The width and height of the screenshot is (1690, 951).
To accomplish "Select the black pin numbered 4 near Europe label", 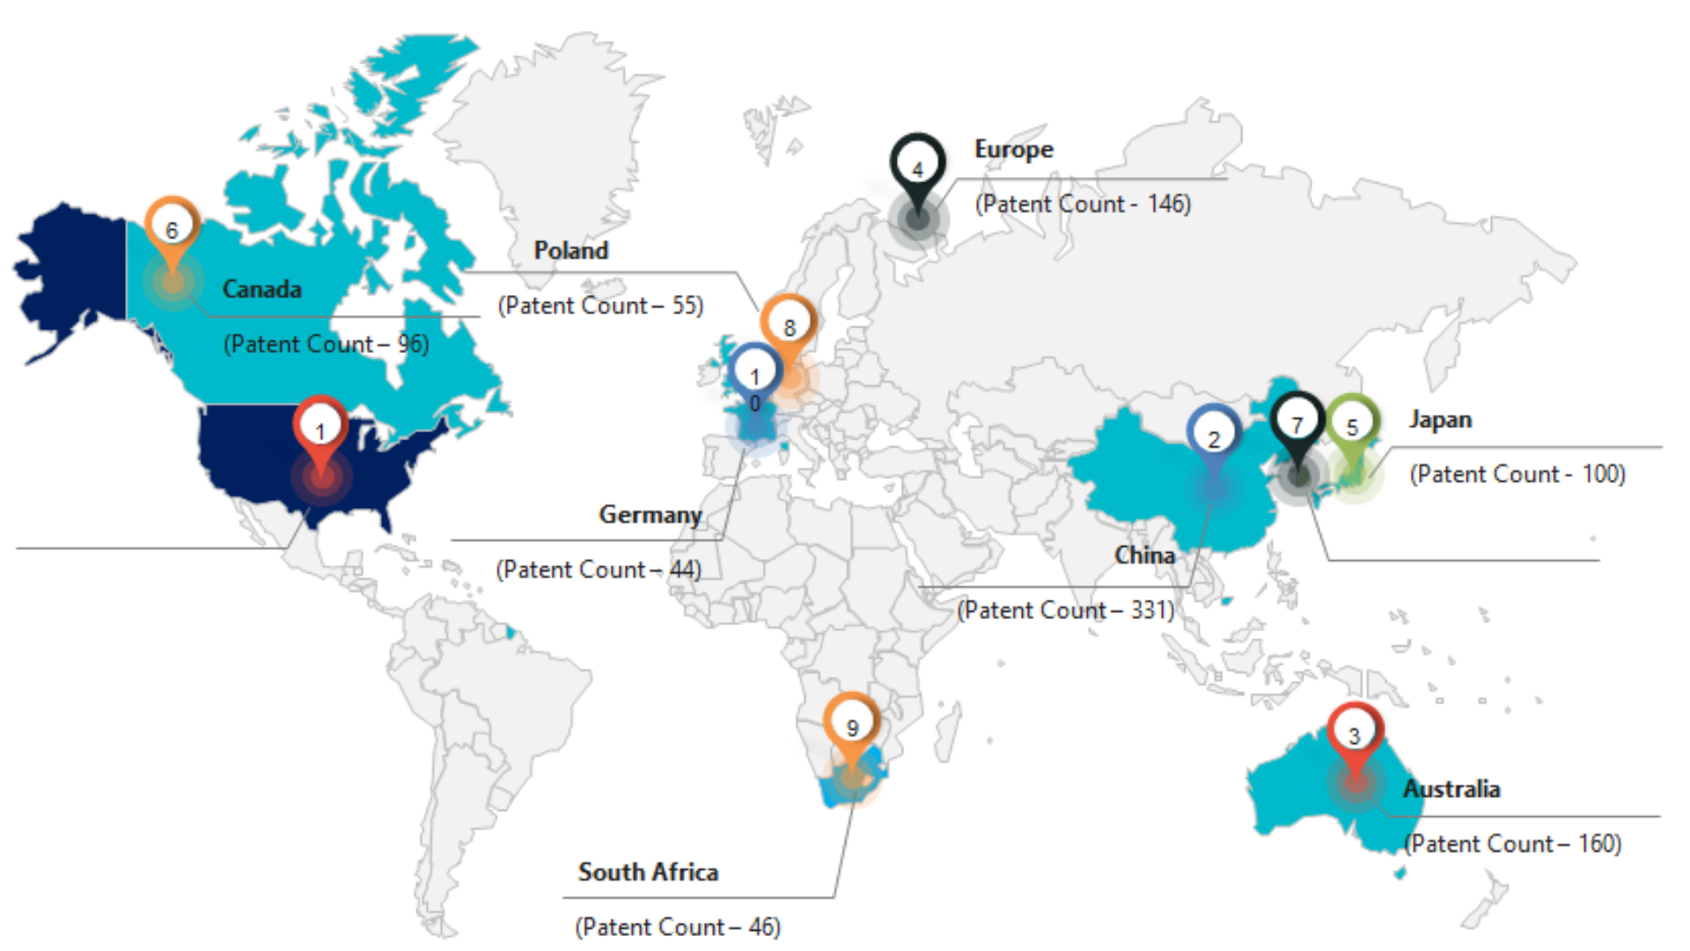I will pyautogui.click(x=917, y=167).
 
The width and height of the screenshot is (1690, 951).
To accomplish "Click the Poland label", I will pyautogui.click(x=571, y=251).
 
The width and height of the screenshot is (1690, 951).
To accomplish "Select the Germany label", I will pyautogui.click(x=650, y=514).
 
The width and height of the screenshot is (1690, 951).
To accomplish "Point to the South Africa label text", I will pyautogui.click(x=648, y=872).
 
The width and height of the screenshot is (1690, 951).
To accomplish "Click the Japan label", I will pyautogui.click(x=1440, y=419).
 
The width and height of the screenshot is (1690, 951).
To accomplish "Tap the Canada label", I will pyautogui.click(x=261, y=289).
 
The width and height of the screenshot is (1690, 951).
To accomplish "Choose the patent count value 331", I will pyautogui.click(x=1150, y=610).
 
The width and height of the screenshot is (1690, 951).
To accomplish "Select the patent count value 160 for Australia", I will pyautogui.click(x=1598, y=844).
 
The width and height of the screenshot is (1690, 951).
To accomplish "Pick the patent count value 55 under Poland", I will pyautogui.click(x=686, y=306).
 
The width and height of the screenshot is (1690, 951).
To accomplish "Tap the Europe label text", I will pyautogui.click(x=1013, y=150).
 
